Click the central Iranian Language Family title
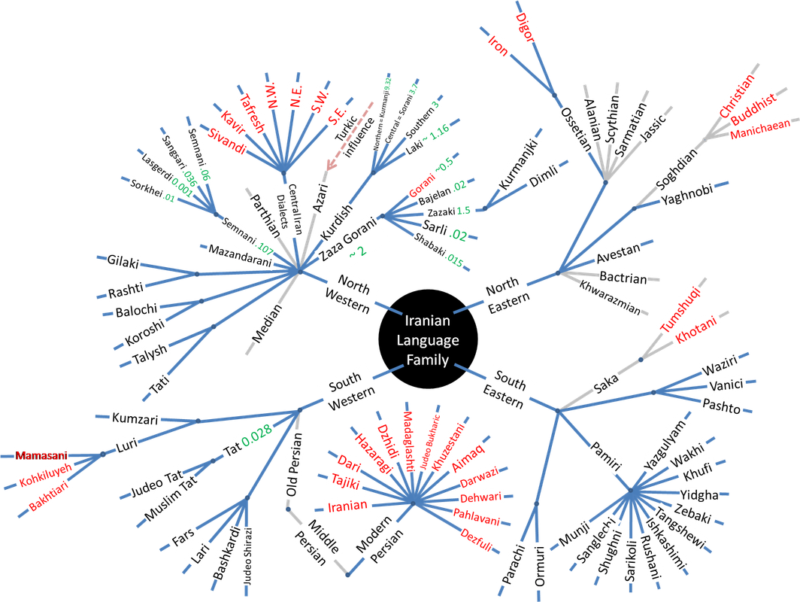[427, 340]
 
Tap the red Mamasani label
[41, 455]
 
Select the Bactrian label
[623, 278]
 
